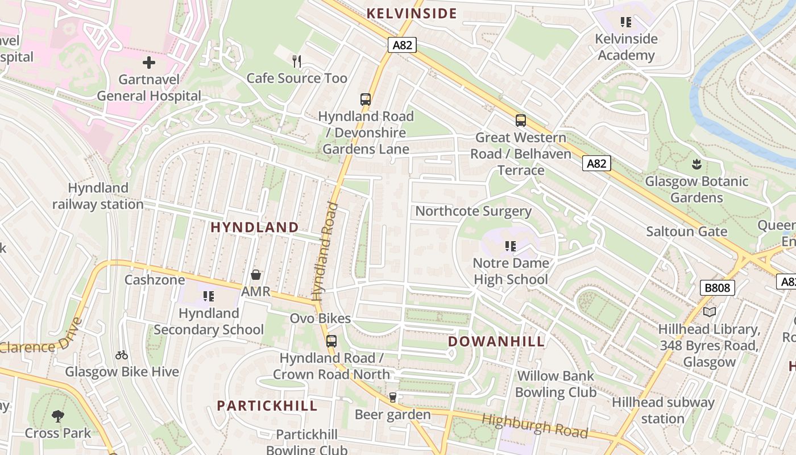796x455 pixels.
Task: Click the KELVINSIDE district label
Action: coord(412,14)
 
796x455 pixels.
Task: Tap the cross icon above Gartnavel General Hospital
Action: coord(149,62)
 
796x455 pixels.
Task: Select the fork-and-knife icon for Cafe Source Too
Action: coord(296,61)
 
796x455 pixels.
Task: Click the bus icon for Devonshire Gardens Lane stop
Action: coord(366,99)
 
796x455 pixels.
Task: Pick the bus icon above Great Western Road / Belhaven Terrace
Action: coord(521,121)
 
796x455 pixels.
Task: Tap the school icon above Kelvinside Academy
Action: coord(626,22)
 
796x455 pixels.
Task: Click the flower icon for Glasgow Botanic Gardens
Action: coord(696,165)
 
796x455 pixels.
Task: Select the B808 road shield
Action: coord(717,288)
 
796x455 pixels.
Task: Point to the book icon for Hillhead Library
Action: coord(709,312)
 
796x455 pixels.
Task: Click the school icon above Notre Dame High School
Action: coord(511,246)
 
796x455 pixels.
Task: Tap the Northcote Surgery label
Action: coord(474,212)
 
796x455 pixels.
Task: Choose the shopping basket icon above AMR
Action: coord(256,275)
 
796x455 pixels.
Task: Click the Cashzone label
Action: coord(155,280)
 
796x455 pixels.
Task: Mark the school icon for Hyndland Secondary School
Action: coord(209,296)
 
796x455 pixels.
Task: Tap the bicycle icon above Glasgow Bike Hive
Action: coord(122,355)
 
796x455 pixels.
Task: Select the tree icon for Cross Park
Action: coord(57,416)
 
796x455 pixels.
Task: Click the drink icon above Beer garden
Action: coord(392,398)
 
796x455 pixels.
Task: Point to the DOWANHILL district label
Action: coord(496,342)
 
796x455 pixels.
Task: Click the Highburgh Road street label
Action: coord(534,426)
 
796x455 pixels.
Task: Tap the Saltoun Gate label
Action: coord(686,231)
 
